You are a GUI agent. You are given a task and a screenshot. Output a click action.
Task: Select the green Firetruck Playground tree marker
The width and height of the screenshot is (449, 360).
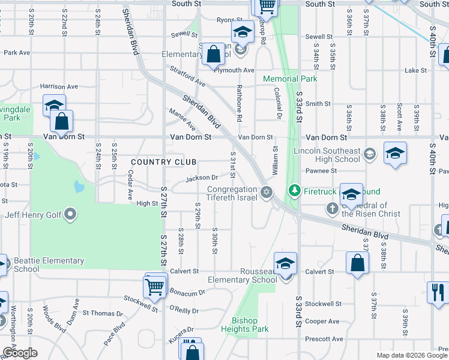click(x=294, y=191)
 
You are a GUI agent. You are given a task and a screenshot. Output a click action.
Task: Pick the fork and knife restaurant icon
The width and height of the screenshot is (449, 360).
click(x=438, y=293)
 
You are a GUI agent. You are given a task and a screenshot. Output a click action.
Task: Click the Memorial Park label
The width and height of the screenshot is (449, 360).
click(x=290, y=79)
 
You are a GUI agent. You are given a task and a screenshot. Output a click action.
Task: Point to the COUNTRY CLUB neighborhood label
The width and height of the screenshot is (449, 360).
click(x=164, y=162)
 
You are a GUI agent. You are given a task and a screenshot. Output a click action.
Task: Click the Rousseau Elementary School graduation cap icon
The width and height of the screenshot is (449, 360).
click(x=286, y=263)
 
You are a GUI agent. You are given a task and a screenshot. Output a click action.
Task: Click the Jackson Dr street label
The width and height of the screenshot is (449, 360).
click(x=201, y=178)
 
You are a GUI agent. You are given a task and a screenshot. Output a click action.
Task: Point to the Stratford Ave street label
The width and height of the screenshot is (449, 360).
click(x=188, y=77)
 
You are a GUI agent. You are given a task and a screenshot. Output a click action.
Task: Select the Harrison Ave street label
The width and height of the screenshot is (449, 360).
click(x=59, y=86)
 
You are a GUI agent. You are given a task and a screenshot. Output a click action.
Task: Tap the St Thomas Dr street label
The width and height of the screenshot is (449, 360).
click(x=102, y=313)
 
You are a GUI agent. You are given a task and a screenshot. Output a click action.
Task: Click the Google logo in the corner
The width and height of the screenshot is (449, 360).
click(x=20, y=353)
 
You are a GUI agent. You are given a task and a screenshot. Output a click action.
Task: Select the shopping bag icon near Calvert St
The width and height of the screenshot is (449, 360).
click(x=357, y=263)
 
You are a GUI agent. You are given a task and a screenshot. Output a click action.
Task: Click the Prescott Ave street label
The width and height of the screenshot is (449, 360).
click(x=324, y=339)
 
